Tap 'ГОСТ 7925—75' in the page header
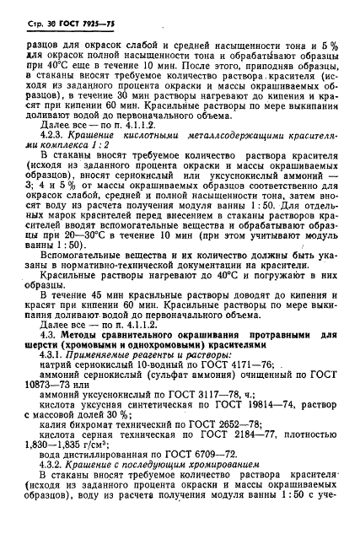tap(87, 20)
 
